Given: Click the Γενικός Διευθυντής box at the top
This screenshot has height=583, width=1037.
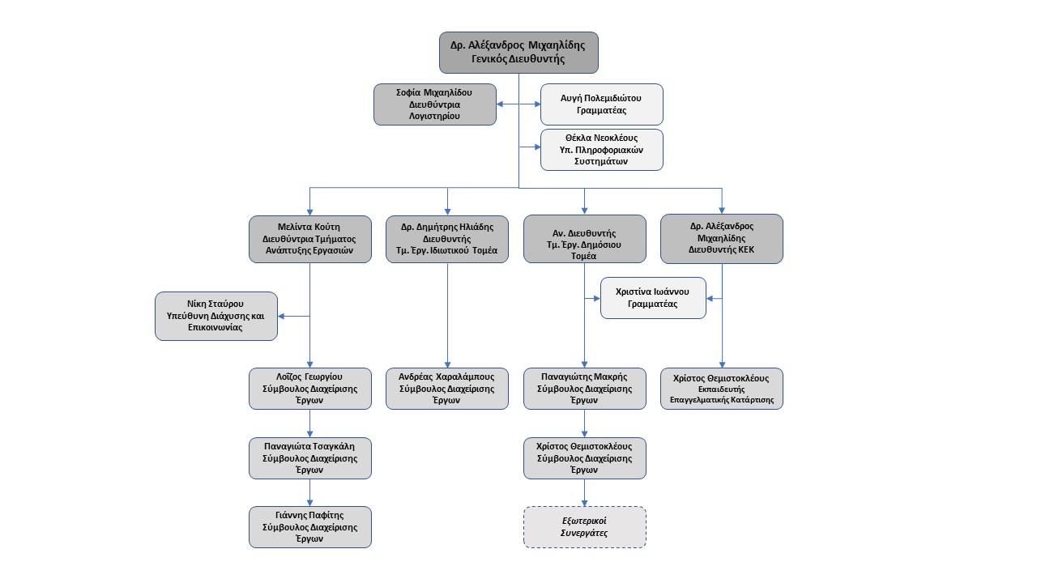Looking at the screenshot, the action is pyautogui.click(x=518, y=53).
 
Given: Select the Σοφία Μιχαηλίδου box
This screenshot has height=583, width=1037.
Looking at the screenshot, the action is pyautogui.click(x=435, y=104).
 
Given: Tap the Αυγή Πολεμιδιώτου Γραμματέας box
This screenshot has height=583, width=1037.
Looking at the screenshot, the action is pyautogui.click(x=601, y=104).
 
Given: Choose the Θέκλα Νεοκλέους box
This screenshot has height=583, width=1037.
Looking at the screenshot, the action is pyautogui.click(x=601, y=150).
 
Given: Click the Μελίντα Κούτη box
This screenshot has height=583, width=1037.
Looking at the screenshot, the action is pyautogui.click(x=309, y=239).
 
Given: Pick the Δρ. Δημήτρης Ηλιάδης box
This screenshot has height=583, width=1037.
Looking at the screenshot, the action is pyautogui.click(x=446, y=239).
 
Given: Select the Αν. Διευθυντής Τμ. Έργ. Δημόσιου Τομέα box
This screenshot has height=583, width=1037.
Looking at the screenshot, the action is pyautogui.click(x=584, y=239).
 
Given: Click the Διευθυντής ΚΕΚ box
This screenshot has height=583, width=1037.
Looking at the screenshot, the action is pyautogui.click(x=721, y=239).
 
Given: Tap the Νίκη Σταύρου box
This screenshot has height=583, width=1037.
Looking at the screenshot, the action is pyautogui.click(x=216, y=316).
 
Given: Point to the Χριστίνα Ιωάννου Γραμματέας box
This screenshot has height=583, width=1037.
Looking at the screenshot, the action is pyautogui.click(x=653, y=298).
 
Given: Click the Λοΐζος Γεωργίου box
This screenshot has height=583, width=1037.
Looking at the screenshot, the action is pyautogui.click(x=309, y=389).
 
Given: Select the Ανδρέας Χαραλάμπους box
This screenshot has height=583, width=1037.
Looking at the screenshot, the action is pyautogui.click(x=446, y=389).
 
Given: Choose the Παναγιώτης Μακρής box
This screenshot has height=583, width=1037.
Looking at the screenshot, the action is pyautogui.click(x=584, y=389).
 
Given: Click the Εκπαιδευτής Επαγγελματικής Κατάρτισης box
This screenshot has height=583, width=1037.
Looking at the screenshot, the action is pyautogui.click(x=721, y=389).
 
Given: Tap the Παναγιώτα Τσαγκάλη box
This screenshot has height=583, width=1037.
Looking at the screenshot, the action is pyautogui.click(x=309, y=458).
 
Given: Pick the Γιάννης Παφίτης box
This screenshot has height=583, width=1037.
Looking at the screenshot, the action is pyautogui.click(x=309, y=527).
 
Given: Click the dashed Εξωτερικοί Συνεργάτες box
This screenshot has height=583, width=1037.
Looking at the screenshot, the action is pyautogui.click(x=584, y=527).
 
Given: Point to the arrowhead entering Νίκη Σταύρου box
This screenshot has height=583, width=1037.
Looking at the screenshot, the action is pyautogui.click(x=281, y=316).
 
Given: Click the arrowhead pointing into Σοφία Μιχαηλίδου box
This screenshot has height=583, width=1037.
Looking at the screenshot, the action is pyautogui.click(x=500, y=104).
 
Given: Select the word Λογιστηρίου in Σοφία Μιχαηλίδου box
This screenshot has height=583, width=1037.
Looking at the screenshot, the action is pyautogui.click(x=434, y=116).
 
